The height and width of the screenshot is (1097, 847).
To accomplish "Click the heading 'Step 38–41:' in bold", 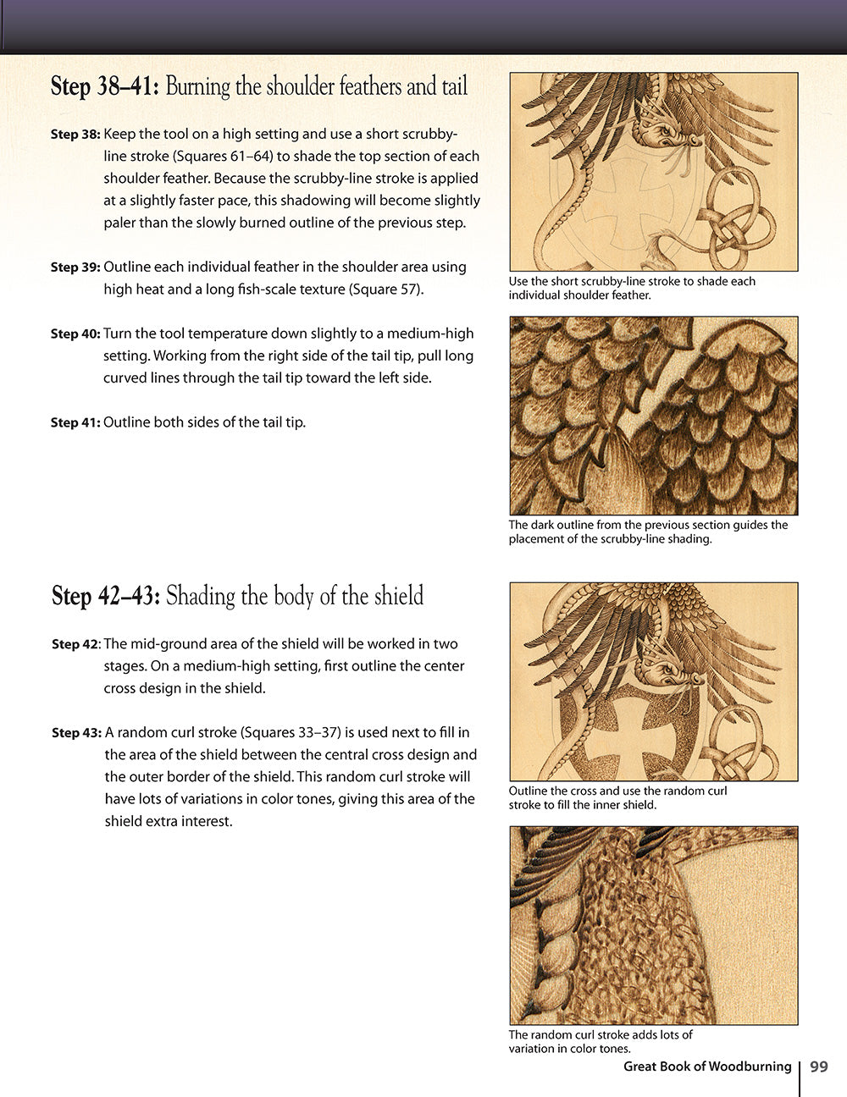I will [x=105, y=86].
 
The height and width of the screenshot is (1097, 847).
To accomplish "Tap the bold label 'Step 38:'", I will [x=75, y=135].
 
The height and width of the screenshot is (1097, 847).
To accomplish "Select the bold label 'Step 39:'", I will [x=75, y=267].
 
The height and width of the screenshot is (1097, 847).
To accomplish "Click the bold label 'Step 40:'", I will [x=75, y=334].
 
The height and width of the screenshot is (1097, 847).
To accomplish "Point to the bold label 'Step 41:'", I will [x=75, y=422].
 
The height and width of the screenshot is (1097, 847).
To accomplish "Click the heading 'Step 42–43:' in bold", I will [x=106, y=596].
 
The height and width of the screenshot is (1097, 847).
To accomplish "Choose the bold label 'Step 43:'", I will [x=76, y=733].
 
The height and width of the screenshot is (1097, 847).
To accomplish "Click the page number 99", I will [x=818, y=1067].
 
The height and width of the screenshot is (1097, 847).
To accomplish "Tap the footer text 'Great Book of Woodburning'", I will [x=707, y=1067].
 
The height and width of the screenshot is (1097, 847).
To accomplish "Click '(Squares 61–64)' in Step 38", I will [x=221, y=157].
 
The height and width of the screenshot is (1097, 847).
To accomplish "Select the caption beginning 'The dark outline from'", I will [x=648, y=532].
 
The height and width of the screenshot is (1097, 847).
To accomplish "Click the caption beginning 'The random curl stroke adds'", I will [x=600, y=1041].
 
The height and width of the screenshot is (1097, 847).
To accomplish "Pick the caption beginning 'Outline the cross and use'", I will [x=617, y=797].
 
